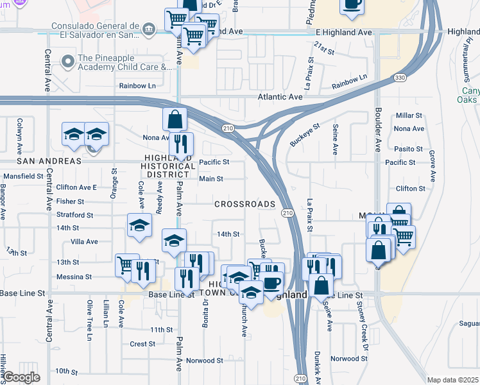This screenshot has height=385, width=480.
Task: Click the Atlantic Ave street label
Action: coord(280,97)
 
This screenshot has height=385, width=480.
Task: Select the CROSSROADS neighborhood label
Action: coord(244,204)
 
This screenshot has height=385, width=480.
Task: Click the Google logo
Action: coord(21,377)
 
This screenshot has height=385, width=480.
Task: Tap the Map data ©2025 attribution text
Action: coord(452,380)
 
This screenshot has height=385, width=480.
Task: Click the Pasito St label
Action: coord(409,149)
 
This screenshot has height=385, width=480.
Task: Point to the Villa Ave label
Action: coord(83,242)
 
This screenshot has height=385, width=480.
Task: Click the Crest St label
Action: coord(142,344)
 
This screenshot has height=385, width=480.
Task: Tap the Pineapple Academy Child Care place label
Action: coord(124,62)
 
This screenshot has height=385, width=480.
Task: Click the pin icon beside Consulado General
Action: coord(149,29)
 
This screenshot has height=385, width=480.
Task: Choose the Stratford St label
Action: coord(75,216)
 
